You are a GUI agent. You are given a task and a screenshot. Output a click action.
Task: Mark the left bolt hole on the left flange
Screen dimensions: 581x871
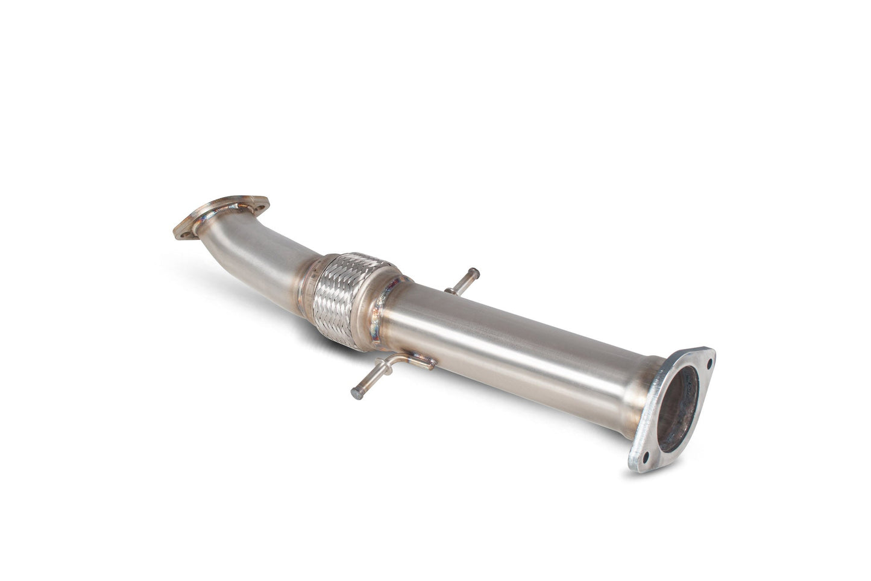[183, 229]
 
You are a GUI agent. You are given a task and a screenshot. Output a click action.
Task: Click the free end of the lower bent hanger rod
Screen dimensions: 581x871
[356, 393]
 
